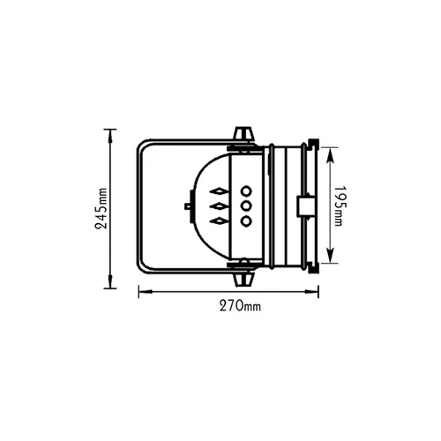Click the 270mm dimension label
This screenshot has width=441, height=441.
point(240,306)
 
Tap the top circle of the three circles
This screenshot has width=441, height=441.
point(246,191)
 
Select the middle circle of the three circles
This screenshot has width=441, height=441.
point(246,206)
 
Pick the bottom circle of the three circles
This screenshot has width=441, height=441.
point(246,220)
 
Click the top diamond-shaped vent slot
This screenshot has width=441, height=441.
point(218,191)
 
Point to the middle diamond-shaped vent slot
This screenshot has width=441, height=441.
point(218,206)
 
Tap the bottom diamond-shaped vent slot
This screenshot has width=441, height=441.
point(218,220)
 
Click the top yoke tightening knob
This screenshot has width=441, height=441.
point(243,134)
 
